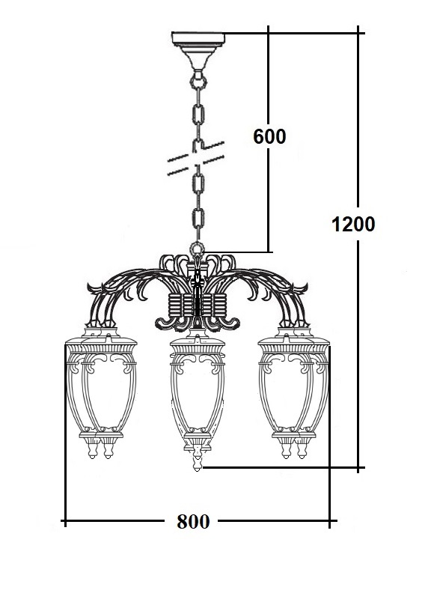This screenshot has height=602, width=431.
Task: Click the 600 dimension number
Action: (x=269, y=136)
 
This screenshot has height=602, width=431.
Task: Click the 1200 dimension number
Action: (x=353, y=224)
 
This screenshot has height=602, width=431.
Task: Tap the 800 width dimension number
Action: (x=193, y=521)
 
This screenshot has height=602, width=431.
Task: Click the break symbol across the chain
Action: (x=196, y=158)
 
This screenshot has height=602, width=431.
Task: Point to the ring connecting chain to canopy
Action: (x=198, y=82)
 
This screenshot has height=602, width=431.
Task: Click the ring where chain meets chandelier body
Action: (x=198, y=249)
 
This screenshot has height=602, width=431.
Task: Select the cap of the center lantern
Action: (x=198, y=342)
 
